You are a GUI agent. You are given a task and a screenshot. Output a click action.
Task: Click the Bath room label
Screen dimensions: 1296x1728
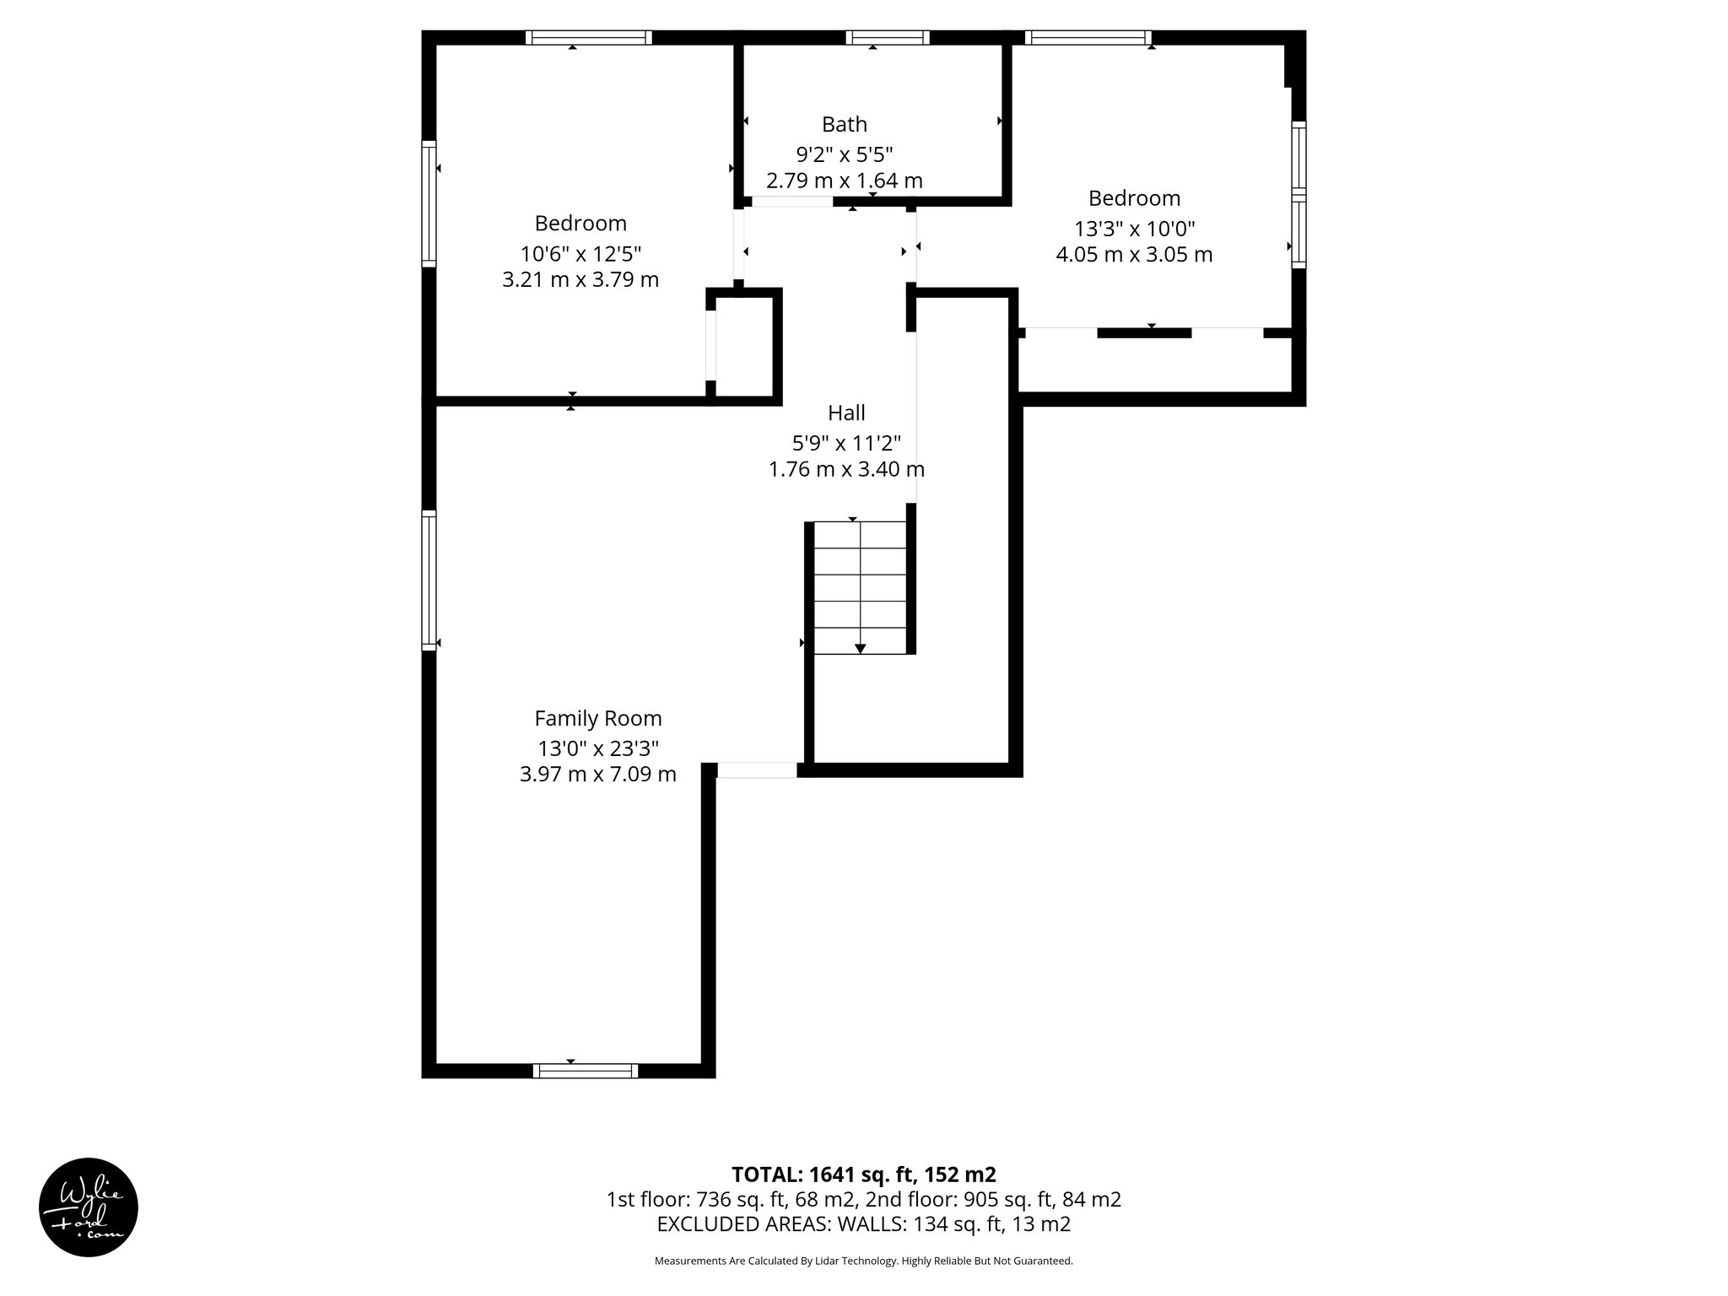click(845, 125)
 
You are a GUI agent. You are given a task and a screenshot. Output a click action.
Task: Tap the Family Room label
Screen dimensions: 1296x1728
click(598, 719)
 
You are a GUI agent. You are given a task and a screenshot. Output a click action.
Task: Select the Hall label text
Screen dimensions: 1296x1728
click(846, 413)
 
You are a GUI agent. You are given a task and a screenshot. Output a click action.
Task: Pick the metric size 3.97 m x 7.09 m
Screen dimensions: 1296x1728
click(598, 775)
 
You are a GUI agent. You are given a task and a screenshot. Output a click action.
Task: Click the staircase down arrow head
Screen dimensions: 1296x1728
click(860, 648)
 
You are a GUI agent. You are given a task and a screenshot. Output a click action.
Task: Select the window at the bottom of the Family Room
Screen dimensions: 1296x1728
click(586, 1071)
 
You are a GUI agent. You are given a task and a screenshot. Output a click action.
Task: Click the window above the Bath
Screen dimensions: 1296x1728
click(888, 37)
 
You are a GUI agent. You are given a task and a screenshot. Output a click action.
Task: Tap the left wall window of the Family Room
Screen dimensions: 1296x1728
click(429, 580)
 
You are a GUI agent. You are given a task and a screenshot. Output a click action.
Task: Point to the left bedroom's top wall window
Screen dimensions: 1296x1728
click(589, 37)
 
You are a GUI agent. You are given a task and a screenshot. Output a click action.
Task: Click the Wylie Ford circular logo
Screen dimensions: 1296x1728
click(89, 1207)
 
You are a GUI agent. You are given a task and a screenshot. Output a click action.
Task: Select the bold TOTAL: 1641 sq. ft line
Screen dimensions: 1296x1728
click(864, 1174)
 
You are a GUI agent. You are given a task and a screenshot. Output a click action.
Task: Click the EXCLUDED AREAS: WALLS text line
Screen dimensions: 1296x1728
click(864, 1224)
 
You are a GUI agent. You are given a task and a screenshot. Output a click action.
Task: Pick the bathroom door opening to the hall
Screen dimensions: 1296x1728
click(792, 202)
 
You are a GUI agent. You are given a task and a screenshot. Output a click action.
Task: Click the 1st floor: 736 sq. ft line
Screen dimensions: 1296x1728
click(864, 1200)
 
